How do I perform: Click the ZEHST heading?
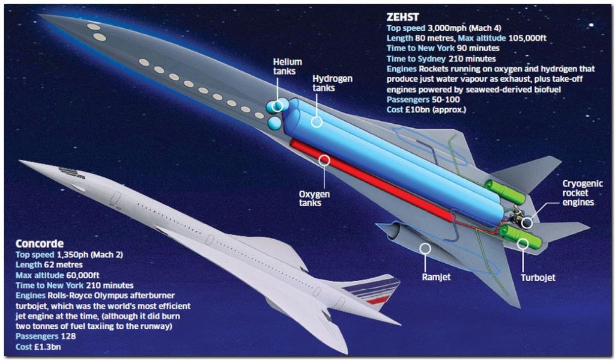402,17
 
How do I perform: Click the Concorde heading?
39,243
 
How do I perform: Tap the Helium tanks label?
287,66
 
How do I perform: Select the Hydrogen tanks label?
332,83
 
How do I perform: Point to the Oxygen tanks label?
314,198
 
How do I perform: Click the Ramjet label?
436,277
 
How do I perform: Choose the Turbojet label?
538,278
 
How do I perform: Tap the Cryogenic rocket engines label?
582,193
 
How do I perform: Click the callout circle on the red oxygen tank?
324,160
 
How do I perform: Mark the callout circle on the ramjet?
425,248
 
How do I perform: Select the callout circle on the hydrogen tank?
317,121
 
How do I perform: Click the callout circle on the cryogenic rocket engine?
527,222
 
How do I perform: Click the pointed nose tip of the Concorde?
20,160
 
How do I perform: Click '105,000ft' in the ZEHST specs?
527,38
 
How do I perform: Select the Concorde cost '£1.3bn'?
47,347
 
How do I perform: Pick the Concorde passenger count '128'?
68,336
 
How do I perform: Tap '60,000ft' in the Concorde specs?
83,275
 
